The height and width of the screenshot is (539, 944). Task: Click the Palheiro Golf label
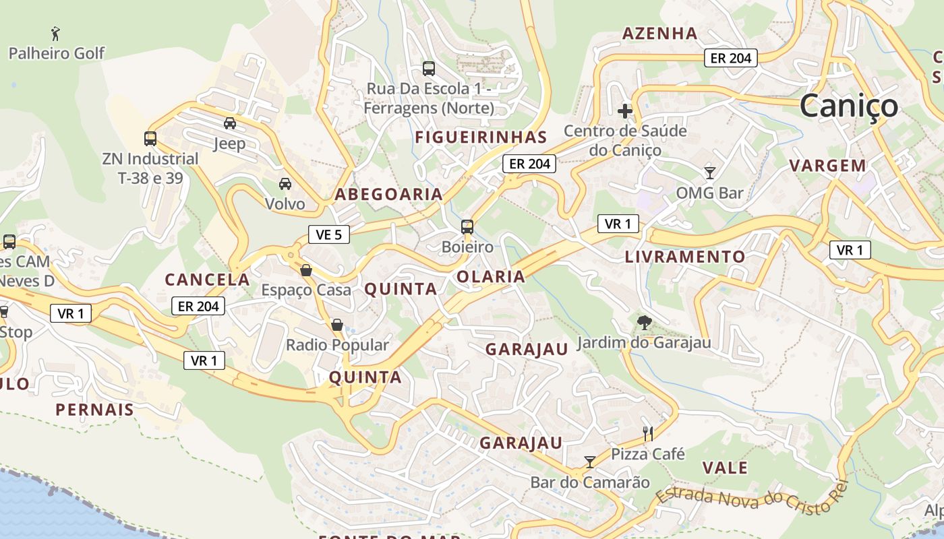click(x=57, y=53)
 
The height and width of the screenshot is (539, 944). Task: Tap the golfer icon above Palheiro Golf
click(x=55, y=33)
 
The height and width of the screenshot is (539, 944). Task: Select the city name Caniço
click(x=849, y=106)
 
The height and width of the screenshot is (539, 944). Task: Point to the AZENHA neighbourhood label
click(x=659, y=33)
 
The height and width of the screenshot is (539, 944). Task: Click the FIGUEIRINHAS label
click(x=481, y=137)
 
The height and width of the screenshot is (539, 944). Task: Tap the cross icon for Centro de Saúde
click(x=625, y=110)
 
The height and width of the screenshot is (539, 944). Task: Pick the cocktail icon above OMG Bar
click(x=709, y=173)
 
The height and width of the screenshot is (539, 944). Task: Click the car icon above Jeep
click(x=230, y=123)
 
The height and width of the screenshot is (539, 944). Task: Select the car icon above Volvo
click(x=285, y=183)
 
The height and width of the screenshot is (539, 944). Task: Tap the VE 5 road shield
click(x=329, y=234)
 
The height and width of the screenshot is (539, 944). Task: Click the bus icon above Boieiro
click(x=467, y=227)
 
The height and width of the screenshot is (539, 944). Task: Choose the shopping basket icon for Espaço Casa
click(x=306, y=270)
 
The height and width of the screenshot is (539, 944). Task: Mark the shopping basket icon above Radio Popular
click(x=337, y=325)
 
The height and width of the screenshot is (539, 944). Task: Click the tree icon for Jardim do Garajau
click(x=644, y=323)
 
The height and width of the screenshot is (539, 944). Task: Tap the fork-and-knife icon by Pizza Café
click(x=648, y=433)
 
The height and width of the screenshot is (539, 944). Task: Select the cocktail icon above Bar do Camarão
click(x=590, y=462)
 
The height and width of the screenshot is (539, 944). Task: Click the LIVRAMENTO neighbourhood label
click(x=685, y=257)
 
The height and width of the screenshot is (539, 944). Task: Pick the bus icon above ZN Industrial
click(x=150, y=139)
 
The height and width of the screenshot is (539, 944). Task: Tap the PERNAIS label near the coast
click(x=95, y=410)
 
